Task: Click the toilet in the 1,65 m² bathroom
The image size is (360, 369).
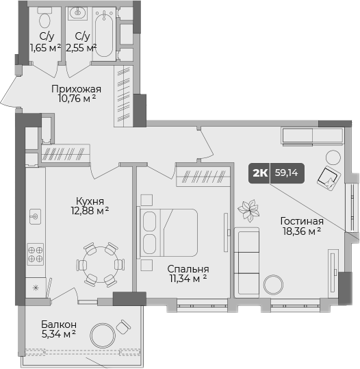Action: coord(46,17)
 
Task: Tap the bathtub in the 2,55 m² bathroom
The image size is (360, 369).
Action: coord(105,27)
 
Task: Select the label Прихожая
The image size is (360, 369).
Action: coord(77,88)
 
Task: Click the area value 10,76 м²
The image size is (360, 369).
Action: coord(77,99)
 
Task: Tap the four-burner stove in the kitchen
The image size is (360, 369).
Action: coord(35,255)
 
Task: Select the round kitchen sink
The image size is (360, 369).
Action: coord(34,217)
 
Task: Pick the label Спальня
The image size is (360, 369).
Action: coord(188,269)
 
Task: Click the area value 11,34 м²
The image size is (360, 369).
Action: coord(188,279)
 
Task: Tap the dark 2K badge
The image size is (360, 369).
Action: coord(260,174)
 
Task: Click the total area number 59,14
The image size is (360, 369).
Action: coord(287,174)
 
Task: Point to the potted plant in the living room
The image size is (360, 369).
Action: coord(248,210)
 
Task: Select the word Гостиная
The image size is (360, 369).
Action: coord(301,221)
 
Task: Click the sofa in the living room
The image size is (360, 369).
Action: coord(247,260)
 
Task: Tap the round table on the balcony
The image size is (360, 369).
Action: coord(106,335)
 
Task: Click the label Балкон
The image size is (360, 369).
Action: coord(58,324)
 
